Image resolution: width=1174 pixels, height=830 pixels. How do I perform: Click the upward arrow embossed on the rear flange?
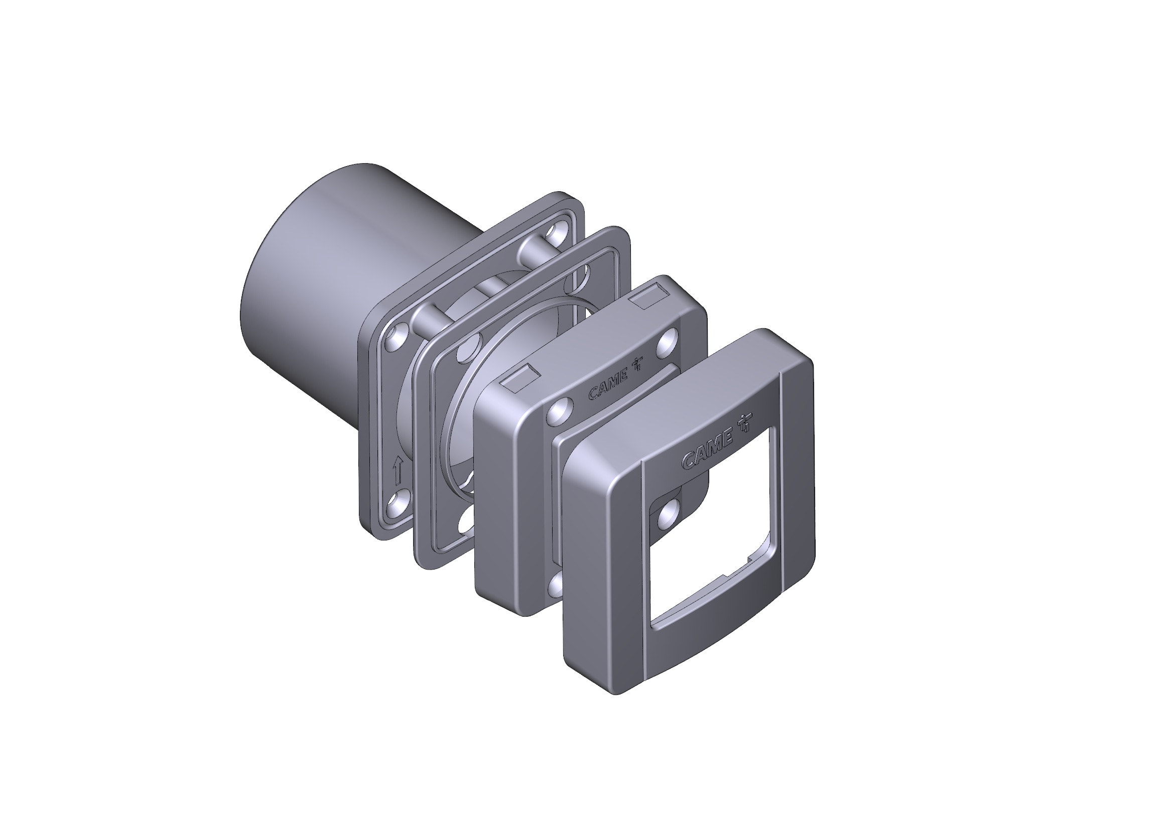pos(398,471)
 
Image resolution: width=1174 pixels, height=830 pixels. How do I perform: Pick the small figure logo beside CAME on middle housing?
pos(638,364)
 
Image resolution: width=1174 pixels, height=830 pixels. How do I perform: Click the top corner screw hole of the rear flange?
pos(555,234)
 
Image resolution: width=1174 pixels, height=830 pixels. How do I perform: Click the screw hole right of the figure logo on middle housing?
pos(668,342)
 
